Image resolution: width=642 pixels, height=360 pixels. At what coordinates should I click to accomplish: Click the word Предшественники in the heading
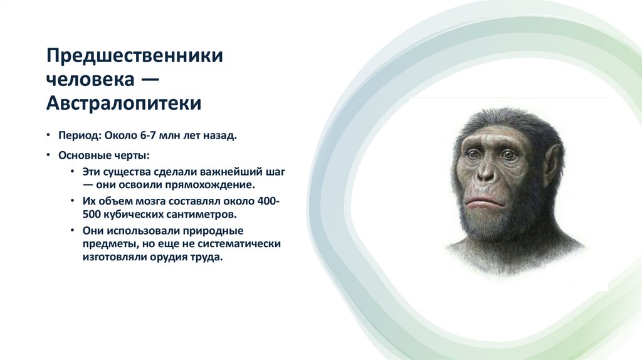(135, 56)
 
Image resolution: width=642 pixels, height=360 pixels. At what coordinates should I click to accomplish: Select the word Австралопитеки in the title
(124, 103)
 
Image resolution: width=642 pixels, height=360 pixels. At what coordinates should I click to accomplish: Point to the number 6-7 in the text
(149, 136)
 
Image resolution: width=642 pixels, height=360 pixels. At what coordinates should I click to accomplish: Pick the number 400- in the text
(270, 201)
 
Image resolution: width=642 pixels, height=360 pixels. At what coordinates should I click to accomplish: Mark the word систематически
(241, 243)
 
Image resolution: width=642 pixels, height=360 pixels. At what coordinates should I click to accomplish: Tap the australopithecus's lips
(482, 203)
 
